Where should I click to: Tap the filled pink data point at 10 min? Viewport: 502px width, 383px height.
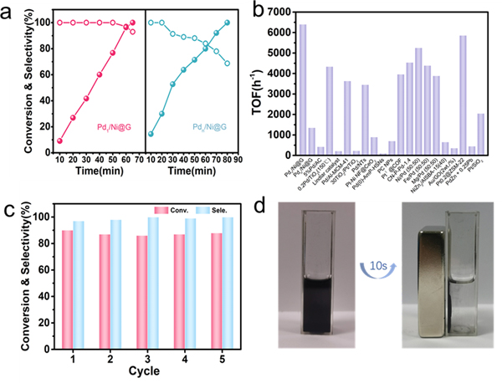[59, 140]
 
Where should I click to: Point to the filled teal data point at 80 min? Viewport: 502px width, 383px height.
[227, 23]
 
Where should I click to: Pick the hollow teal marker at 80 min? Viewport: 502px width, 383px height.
[227, 64]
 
